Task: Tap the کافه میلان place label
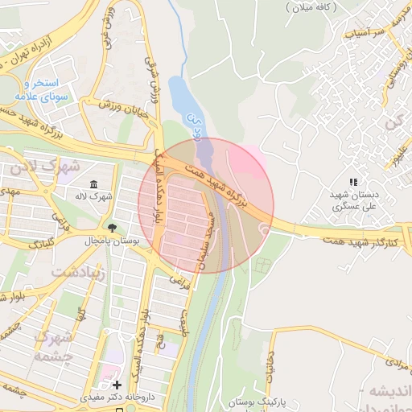[311, 6]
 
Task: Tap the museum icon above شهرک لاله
[95, 183]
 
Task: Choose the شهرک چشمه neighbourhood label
[55, 344]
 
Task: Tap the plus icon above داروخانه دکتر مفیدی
[118, 385]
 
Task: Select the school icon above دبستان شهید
[352, 183]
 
